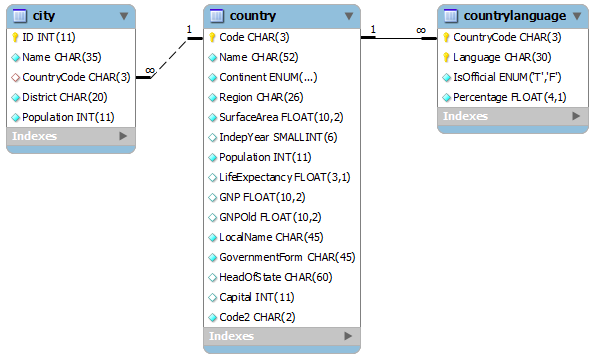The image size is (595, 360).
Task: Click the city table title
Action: click(43, 16)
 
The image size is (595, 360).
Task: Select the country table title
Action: click(252, 16)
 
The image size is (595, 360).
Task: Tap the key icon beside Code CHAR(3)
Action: click(213, 37)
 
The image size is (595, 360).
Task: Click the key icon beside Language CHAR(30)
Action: click(447, 57)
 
